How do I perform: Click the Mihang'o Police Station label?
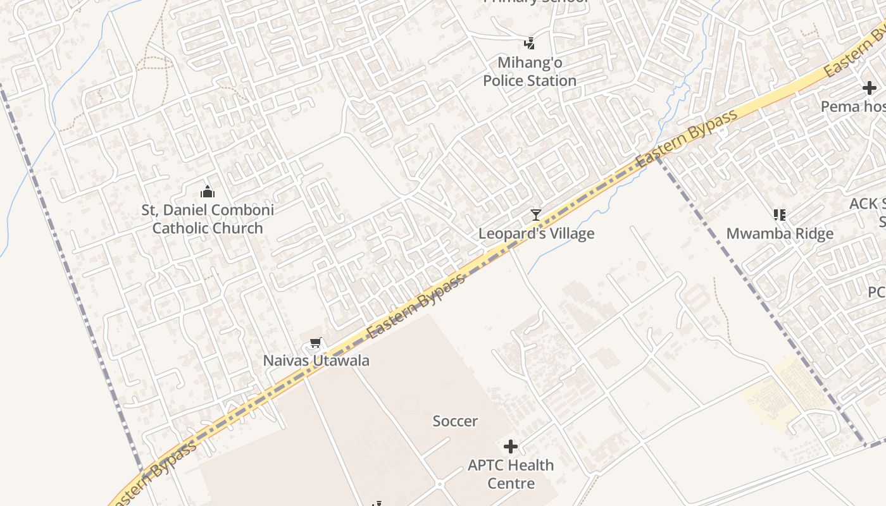(530, 71)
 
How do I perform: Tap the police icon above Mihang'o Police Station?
(530, 44)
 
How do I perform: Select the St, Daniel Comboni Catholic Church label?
(208, 219)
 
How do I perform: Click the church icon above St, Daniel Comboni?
(208, 192)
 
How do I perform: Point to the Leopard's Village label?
(536, 233)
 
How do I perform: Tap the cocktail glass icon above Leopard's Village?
(536, 215)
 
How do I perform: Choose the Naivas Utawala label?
(316, 361)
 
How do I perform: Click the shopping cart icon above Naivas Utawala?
(316, 343)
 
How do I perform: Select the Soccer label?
(455, 421)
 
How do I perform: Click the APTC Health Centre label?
(511, 474)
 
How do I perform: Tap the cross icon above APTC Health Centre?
(511, 447)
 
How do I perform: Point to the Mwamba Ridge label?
(780, 233)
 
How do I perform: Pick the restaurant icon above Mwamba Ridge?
(780, 215)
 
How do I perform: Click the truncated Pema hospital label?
(852, 106)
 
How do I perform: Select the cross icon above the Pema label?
(870, 89)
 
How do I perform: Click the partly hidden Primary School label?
(536, 2)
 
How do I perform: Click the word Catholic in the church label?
(180, 228)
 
